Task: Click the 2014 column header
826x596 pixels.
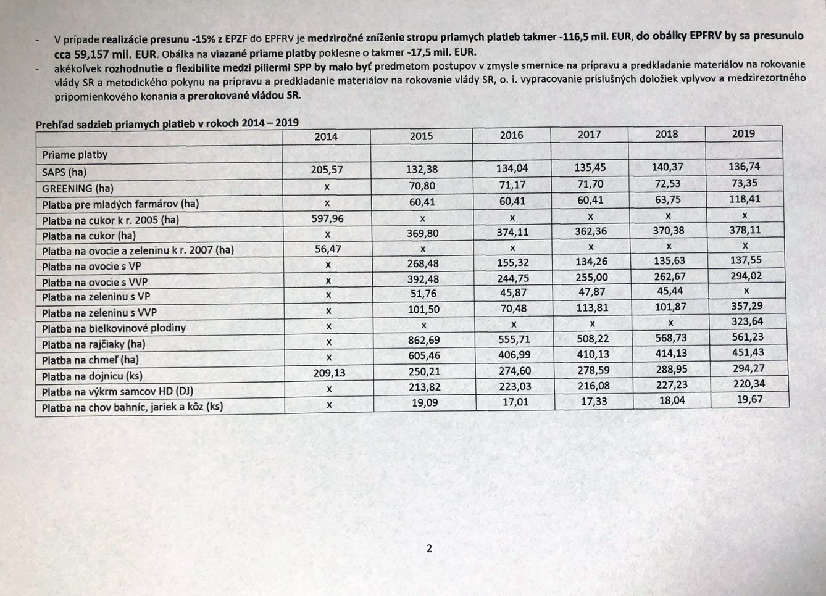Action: point(326,136)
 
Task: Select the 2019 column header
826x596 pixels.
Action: point(743,133)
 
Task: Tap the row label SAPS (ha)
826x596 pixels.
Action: point(64,172)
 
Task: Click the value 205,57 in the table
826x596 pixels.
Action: point(327,170)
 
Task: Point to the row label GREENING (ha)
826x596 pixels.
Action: point(78,188)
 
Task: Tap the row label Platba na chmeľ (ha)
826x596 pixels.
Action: point(90,360)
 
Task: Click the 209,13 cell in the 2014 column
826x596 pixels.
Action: point(328,373)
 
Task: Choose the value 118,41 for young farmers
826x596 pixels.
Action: point(745,199)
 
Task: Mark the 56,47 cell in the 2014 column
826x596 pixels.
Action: point(328,249)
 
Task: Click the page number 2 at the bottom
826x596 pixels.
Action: point(429,548)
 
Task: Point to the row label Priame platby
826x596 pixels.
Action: point(75,154)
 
